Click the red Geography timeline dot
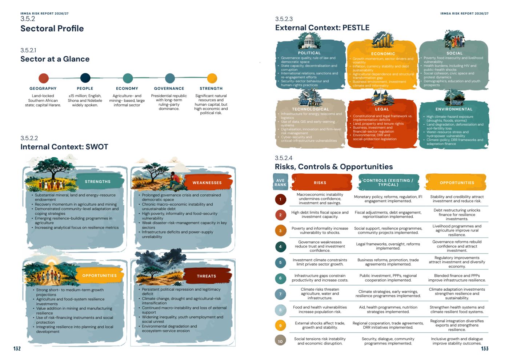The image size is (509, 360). tap(44, 78)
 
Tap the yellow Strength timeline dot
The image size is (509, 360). tap(212, 78)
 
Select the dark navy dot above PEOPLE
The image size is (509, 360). tap(85, 78)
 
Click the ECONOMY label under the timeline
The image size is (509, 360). tap(127, 89)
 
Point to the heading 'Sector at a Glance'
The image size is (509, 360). tap(55, 59)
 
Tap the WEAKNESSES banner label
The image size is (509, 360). tap(207, 183)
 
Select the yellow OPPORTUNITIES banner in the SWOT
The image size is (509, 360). tap(100, 276)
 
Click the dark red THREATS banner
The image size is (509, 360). tap(207, 276)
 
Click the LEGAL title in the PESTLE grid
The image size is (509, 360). tap(382, 109)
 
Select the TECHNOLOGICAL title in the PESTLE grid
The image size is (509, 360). tap(310, 109)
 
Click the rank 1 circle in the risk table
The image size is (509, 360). tap(280, 199)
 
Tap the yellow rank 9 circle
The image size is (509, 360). tap(280, 325)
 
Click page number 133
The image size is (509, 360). tap(485, 349)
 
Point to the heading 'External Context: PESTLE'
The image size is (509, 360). tap(322, 28)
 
